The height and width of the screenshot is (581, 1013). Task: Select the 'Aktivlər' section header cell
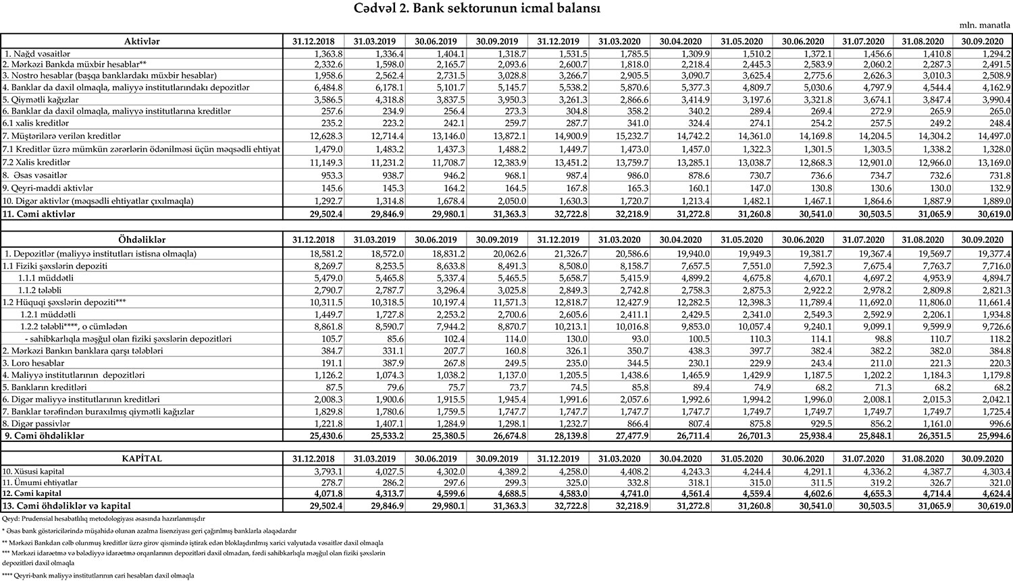pos(142,41)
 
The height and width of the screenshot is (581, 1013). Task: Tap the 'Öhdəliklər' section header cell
pos(142,240)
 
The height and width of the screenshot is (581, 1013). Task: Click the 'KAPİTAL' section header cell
pos(142,458)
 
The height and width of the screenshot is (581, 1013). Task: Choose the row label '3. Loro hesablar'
pos(30,362)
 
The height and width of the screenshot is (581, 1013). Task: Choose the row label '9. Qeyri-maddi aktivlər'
pos(47,188)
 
